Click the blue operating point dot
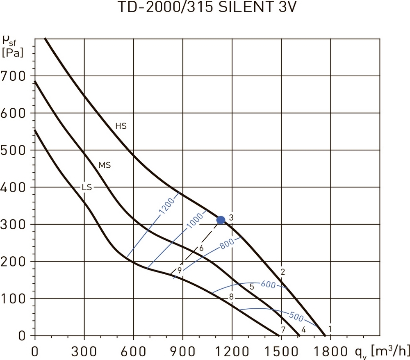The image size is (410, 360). click(x=221, y=220)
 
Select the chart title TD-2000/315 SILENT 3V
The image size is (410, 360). click(x=205, y=9)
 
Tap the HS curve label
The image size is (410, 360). click(x=121, y=126)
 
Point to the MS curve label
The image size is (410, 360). click(x=105, y=166)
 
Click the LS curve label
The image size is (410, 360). click(x=87, y=187)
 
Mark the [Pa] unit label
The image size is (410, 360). click(x=12, y=53)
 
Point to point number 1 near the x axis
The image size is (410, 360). click(x=330, y=328)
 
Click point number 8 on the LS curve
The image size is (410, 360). click(x=231, y=296)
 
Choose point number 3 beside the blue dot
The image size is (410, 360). click(x=231, y=217)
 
